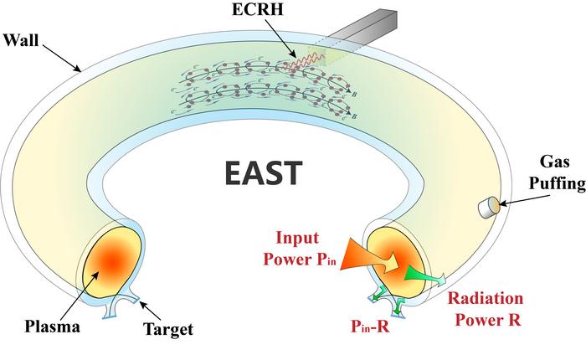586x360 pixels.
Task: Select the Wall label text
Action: coord(23,39)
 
